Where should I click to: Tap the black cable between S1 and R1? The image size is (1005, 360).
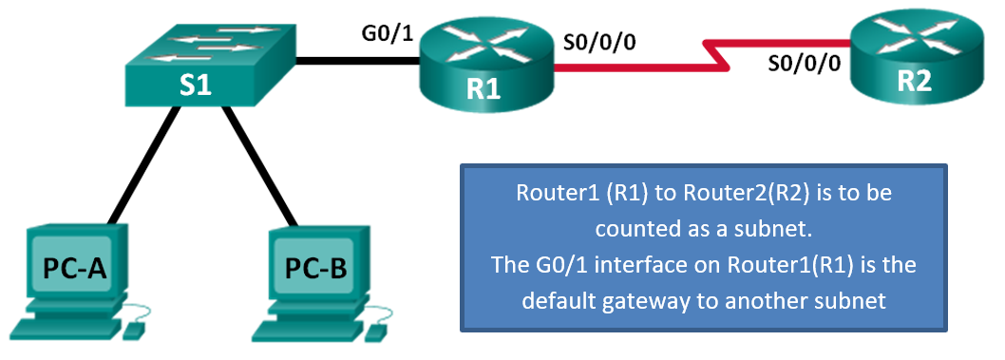click(356, 63)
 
